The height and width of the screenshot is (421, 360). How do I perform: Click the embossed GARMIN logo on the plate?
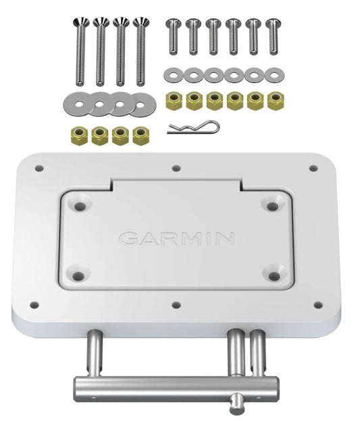tap(176, 238)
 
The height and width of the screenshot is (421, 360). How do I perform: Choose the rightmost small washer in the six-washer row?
tap(274, 74)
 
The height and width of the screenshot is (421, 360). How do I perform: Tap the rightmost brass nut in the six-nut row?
tap(275, 101)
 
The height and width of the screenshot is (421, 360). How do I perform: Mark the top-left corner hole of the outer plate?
tap(39, 168)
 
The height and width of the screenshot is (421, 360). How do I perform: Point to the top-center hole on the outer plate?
tap(176, 168)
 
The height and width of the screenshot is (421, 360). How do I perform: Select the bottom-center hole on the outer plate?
tap(176, 305)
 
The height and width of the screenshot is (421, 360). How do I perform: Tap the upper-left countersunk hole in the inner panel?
tap(80, 202)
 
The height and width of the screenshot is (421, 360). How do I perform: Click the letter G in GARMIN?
tap(128, 239)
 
